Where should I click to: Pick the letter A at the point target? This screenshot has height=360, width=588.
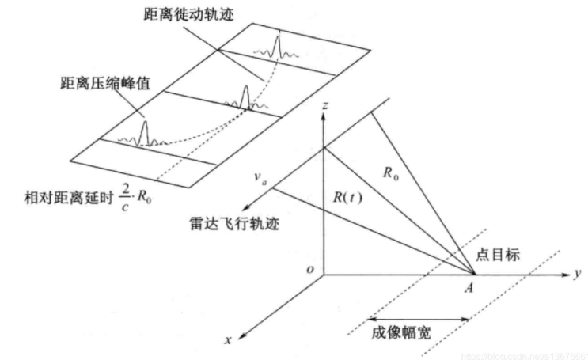pos(469,289)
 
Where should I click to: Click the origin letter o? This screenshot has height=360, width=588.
pos(311,270)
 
